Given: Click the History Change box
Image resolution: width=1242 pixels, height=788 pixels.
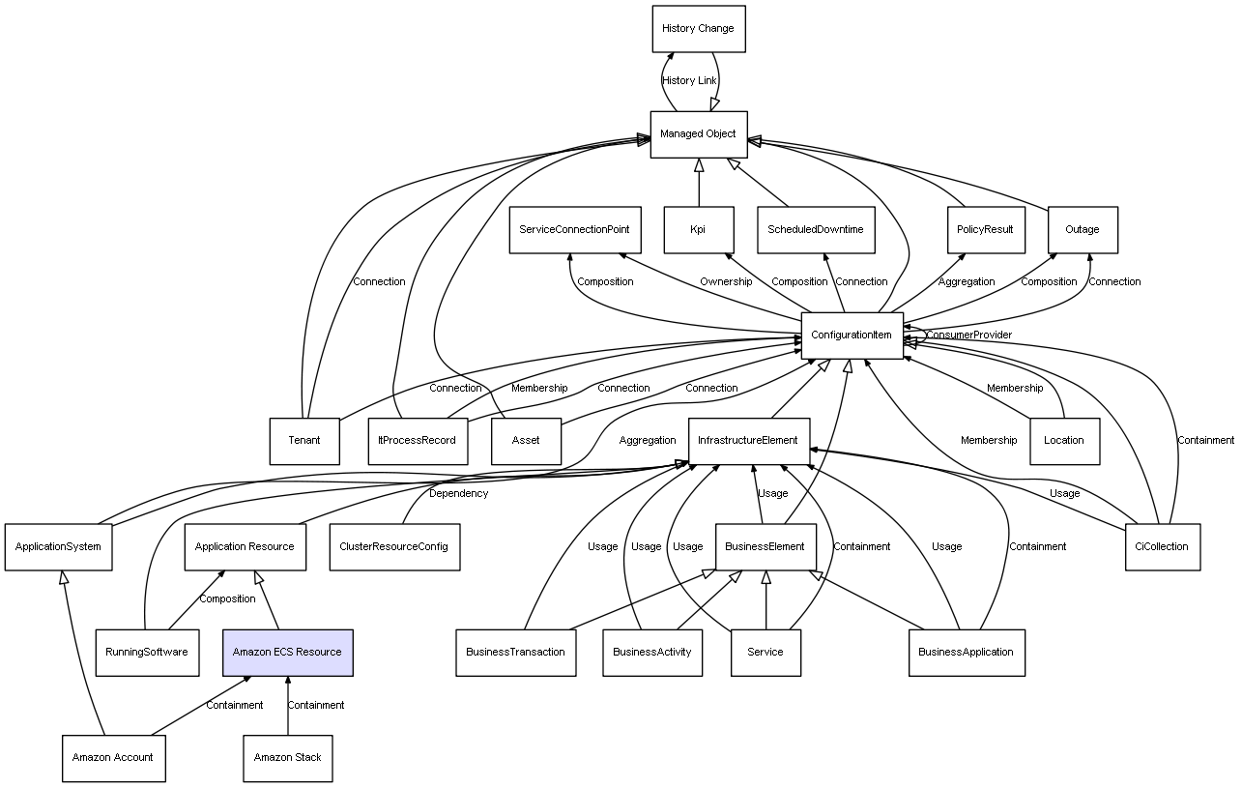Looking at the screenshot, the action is point(699,29).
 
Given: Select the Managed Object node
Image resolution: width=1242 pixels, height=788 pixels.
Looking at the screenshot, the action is point(699,134).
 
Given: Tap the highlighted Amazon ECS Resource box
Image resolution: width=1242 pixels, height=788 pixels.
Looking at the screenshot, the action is point(288,653).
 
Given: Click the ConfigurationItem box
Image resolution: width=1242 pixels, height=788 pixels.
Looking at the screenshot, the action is point(852,336).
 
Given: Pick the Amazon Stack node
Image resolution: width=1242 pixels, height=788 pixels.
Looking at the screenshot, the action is point(288,758).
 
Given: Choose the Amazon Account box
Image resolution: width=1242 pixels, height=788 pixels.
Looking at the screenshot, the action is point(114,758).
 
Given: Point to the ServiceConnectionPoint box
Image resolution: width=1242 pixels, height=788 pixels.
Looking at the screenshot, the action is point(575,230).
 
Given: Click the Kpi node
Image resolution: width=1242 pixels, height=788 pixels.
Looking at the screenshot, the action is point(699,230).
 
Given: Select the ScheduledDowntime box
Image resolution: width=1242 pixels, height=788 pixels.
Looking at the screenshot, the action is point(816,230).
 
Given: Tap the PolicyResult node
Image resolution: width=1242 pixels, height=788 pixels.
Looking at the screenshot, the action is point(987,230).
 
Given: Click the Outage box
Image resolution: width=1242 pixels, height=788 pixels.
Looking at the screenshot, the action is point(1083,230).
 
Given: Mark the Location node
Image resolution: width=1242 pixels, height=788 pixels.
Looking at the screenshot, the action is point(1064,442).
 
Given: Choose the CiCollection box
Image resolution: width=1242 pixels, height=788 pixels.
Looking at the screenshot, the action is point(1163,547).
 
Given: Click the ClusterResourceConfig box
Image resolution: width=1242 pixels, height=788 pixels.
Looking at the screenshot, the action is point(394,547).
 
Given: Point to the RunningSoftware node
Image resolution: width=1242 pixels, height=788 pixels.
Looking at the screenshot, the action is point(148,653).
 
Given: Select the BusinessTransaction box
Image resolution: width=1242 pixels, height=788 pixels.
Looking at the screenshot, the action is point(516,653).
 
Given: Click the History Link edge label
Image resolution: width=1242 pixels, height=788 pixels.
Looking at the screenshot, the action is point(689,81).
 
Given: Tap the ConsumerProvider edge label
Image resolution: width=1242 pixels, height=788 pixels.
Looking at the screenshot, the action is point(968,335).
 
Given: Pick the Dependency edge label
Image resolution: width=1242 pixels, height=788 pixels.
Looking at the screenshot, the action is point(458,493).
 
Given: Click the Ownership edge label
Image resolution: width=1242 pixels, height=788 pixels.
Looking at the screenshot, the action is point(726,281).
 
